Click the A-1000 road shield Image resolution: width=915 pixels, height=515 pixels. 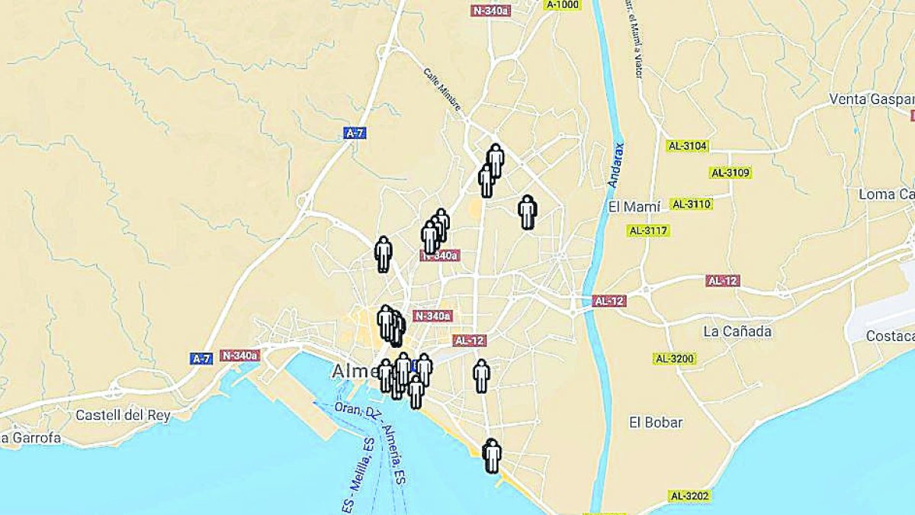[x=563, y=5]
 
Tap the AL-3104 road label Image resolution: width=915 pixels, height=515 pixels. [x=688, y=146]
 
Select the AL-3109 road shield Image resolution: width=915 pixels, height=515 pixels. [x=731, y=173]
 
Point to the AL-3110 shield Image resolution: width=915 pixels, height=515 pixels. [x=691, y=204]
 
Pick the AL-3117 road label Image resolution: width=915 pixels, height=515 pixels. [x=648, y=230]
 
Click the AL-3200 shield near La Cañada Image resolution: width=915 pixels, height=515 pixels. [x=675, y=359]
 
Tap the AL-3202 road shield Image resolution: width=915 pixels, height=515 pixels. [x=690, y=496]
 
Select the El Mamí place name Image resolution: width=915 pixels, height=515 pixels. [x=634, y=207]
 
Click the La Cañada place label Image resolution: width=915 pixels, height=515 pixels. [x=737, y=331]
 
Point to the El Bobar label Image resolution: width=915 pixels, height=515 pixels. [x=656, y=422]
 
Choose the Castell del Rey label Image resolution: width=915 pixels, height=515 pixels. [x=123, y=415]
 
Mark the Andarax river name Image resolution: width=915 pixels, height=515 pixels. [x=617, y=165]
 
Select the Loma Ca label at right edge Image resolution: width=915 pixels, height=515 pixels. [x=886, y=194]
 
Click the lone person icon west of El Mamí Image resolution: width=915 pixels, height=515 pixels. [x=527, y=211]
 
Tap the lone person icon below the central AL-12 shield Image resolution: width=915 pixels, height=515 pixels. [x=481, y=375]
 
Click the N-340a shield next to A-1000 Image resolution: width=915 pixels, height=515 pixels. [x=491, y=11]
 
